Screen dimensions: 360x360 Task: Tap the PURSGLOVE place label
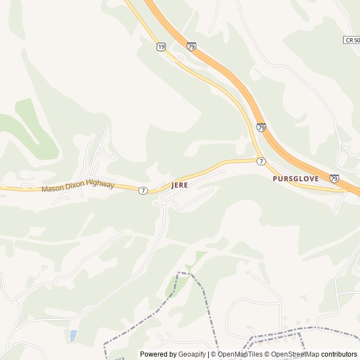[295, 178]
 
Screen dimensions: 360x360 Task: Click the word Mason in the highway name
[52, 189]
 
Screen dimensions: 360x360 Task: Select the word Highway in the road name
[100, 184]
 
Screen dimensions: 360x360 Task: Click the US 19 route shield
[161, 47]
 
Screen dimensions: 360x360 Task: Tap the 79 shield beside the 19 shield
[191, 46]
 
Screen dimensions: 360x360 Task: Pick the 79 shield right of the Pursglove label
[334, 178]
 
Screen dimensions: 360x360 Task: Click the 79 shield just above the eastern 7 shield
[261, 128]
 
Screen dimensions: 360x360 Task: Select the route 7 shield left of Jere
[143, 191]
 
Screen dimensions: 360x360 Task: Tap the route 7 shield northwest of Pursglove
[261, 161]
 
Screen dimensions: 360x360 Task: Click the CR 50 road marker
[352, 40]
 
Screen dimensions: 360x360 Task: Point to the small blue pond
[73, 336]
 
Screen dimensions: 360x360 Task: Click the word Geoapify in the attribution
[192, 354]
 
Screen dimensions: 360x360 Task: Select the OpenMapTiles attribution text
[240, 354]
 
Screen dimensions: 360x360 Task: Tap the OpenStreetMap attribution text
[295, 354]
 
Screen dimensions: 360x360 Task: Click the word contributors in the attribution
[339, 354]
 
